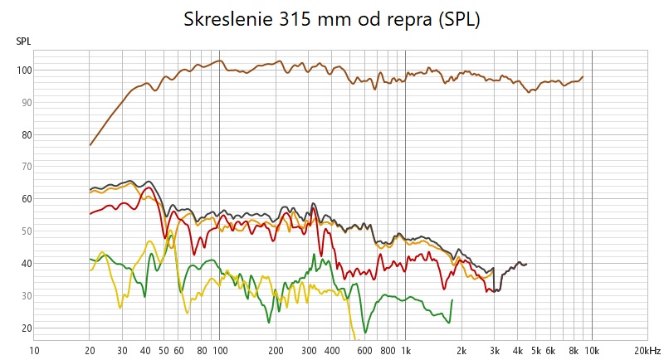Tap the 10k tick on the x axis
tap(591, 350)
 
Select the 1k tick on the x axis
tap(405, 350)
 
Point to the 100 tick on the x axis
tap(219, 350)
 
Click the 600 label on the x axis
tap(364, 350)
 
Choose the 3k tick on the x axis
tap(494, 350)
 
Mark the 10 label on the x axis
tap(34, 350)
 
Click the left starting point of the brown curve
tap(90, 145)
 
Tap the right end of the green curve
tap(452, 299)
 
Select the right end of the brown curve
tap(583, 76)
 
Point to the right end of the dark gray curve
tap(526, 264)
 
